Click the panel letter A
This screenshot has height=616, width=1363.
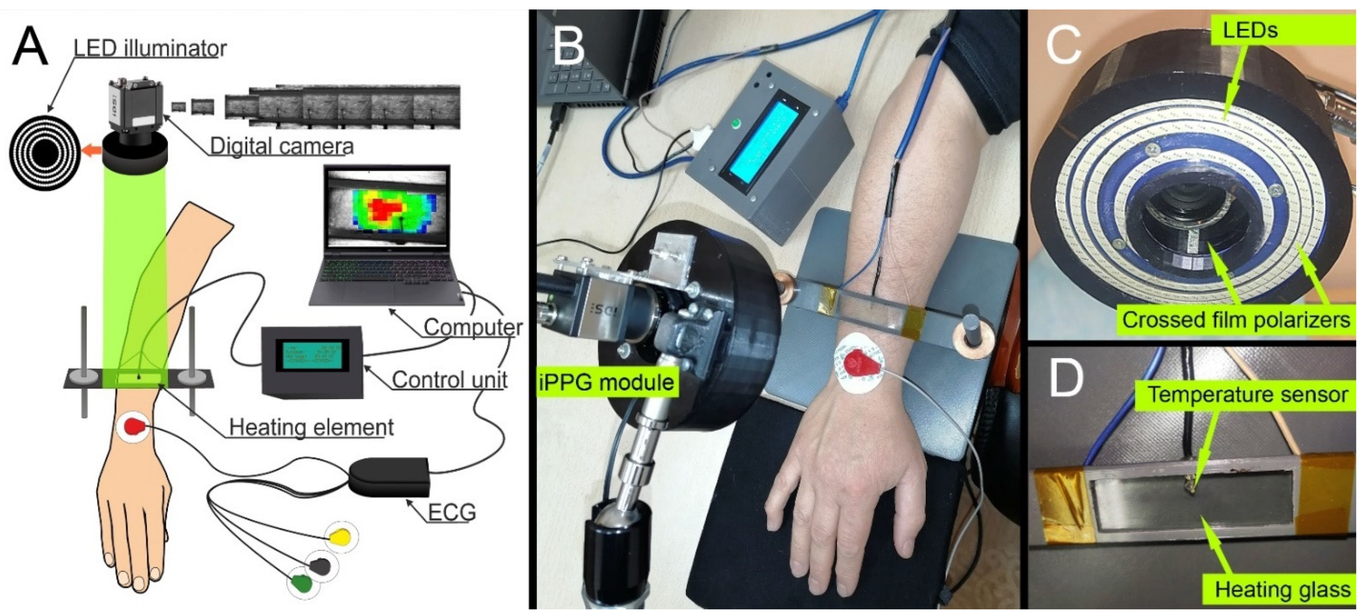(x=30, y=46)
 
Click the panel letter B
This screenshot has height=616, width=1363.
(x=567, y=46)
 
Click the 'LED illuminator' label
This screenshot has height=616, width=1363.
(x=150, y=49)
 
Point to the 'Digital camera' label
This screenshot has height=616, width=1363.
(x=281, y=146)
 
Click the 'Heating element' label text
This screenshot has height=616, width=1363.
(x=311, y=427)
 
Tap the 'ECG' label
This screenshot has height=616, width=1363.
(x=451, y=512)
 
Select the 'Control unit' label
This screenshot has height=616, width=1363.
(x=449, y=380)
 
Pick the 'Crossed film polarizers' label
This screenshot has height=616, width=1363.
(x=1236, y=320)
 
